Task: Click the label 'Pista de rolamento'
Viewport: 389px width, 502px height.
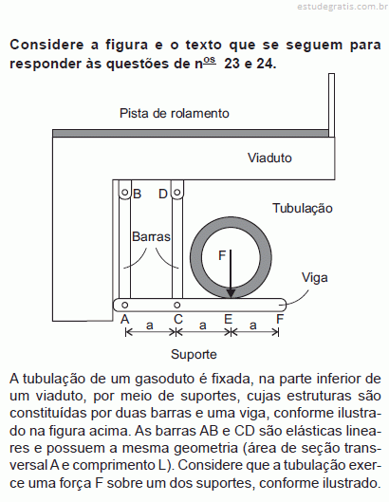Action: coord(175,113)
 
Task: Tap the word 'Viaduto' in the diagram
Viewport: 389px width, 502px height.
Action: coord(269,158)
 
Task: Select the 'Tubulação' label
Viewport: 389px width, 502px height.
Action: coord(303,208)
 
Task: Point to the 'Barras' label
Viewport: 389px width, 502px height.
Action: coord(151,236)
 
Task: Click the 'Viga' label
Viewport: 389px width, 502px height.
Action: coord(315,278)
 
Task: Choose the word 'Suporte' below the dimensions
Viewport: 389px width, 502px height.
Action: coord(194,354)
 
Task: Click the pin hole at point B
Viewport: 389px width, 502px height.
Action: coord(125,193)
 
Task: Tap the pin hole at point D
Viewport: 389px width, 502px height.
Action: coord(177,193)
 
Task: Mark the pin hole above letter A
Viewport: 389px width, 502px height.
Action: coord(125,306)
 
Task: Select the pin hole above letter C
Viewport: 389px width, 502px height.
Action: coord(177,306)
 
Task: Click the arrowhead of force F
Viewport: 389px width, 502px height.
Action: coord(231,294)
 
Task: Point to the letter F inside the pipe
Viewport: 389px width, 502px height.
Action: coord(222,255)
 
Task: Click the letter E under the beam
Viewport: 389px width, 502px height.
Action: coord(228,319)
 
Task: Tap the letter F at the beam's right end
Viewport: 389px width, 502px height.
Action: coord(280,319)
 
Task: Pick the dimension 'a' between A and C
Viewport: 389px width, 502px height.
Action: coord(150,325)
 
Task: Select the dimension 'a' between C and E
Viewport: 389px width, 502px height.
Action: coord(203,325)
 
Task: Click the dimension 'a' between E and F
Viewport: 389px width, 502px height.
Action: coord(253,325)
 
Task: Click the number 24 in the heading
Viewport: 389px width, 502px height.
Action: coord(266,64)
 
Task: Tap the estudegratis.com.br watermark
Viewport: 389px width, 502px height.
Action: coord(343,7)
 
